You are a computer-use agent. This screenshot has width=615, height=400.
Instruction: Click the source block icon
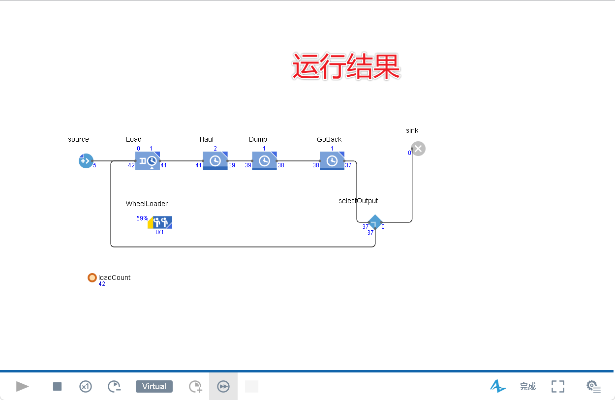point(86,161)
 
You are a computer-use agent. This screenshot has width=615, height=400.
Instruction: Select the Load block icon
point(148,161)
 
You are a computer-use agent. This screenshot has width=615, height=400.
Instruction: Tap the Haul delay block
point(215,161)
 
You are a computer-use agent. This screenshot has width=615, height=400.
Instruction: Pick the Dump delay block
point(264,161)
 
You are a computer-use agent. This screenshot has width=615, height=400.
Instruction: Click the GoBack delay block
point(332,161)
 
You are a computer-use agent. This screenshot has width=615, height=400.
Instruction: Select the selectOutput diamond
point(375,222)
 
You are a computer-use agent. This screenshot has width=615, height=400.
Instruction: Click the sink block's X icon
point(418,149)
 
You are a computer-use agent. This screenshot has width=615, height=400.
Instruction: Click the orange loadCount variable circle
point(92,277)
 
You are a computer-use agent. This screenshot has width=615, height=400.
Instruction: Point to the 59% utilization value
point(142,218)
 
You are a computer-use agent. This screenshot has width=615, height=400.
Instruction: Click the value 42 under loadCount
point(102,284)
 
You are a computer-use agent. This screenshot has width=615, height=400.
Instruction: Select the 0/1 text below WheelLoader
point(159,232)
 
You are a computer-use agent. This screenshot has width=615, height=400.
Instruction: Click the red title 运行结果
point(346,67)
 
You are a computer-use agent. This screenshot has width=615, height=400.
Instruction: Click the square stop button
point(58,387)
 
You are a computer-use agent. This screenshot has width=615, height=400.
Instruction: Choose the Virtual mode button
point(154,387)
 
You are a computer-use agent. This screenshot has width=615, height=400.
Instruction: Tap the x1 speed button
point(86,387)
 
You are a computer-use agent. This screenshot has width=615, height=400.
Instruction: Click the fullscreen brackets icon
point(558,387)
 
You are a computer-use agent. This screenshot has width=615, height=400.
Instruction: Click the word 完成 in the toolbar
point(528,387)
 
